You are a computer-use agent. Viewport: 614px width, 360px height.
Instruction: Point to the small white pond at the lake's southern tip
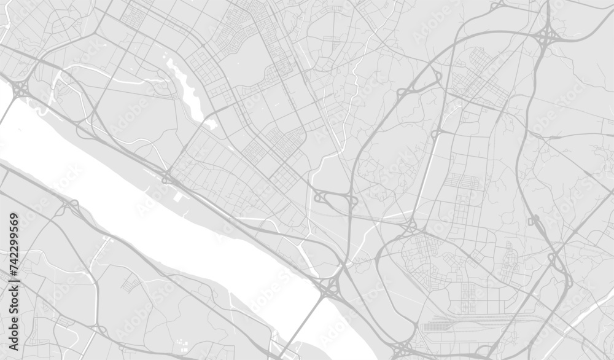pyautogui.click(x=211, y=123)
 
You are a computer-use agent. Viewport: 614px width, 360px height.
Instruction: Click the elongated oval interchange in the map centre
pyautogui.click(x=335, y=200)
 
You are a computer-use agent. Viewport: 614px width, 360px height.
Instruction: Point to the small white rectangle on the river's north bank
pyautogui.click(x=178, y=198)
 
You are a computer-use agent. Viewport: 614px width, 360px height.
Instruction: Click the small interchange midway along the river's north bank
pyautogui.click(x=167, y=179)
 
